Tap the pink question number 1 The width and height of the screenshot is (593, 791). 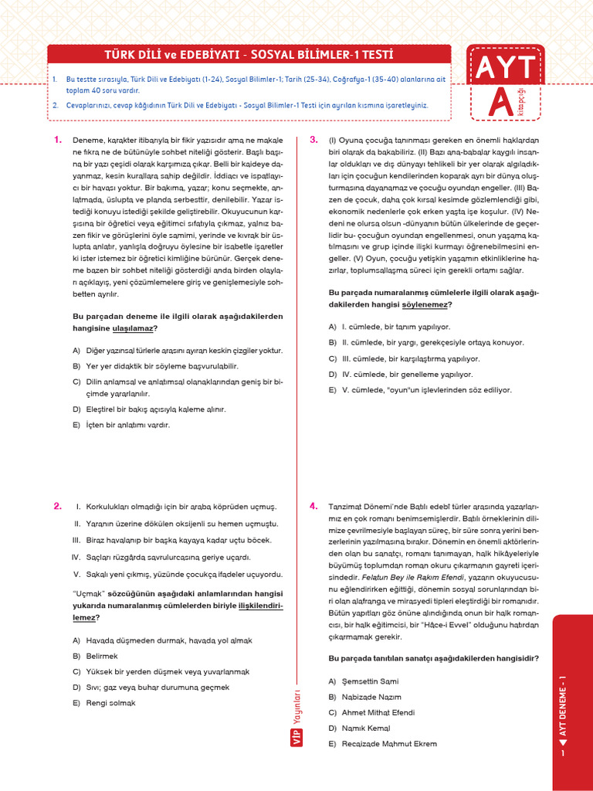point(57,140)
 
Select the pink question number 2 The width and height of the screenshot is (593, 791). point(57,506)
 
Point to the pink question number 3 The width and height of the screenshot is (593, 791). point(313,140)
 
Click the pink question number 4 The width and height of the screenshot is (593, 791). point(313,506)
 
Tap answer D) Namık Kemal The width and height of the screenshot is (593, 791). point(359,728)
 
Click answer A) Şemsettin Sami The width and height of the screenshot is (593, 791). point(364,681)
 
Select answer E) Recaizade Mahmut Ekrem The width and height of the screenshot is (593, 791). point(382,744)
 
